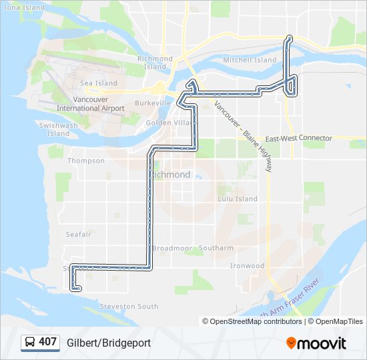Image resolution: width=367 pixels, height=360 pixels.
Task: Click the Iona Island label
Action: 23,7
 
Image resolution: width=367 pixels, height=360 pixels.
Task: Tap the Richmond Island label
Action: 155,63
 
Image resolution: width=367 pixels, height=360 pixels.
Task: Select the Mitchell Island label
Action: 250,60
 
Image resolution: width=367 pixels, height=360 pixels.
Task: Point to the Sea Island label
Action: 99,83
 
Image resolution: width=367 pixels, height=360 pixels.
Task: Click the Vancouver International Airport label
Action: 91,103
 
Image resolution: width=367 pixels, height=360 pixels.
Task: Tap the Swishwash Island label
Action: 59,129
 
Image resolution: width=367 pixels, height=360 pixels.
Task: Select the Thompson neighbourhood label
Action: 86,161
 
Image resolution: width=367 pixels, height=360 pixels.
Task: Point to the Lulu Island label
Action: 238,199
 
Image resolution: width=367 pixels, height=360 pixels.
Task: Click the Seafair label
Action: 78,234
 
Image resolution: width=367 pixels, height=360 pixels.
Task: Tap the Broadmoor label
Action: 172,248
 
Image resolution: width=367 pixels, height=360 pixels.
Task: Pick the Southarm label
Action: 216,248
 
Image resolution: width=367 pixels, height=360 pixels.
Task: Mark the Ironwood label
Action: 248,265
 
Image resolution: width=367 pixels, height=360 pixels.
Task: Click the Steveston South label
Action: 129,307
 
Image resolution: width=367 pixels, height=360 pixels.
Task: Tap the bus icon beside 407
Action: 29,342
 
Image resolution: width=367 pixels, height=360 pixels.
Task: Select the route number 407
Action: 48,342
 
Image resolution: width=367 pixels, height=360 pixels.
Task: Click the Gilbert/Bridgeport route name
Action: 109,343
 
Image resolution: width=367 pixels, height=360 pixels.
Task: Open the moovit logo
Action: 316,343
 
